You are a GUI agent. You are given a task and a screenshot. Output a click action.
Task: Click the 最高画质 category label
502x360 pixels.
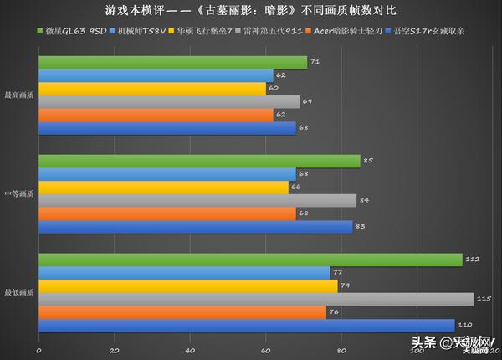(19, 95)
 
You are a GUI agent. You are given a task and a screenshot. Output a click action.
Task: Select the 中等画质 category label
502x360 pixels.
(19, 193)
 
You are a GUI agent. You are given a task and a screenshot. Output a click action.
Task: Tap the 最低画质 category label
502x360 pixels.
(19, 292)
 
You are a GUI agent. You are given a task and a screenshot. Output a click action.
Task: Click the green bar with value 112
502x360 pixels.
(250, 260)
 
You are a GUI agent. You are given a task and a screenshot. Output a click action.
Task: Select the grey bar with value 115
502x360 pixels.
(256, 299)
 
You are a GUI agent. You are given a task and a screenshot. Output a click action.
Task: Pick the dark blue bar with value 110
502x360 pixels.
(247, 326)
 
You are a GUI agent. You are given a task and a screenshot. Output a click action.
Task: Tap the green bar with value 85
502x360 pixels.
(199, 161)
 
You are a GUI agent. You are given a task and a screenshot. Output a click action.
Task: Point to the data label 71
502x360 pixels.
(315, 62)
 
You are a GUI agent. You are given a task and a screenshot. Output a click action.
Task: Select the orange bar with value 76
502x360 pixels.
(182, 312)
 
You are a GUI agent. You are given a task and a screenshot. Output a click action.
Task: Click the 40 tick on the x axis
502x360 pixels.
(190, 350)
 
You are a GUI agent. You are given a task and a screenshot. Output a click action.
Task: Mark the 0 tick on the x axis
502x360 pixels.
(38, 350)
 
